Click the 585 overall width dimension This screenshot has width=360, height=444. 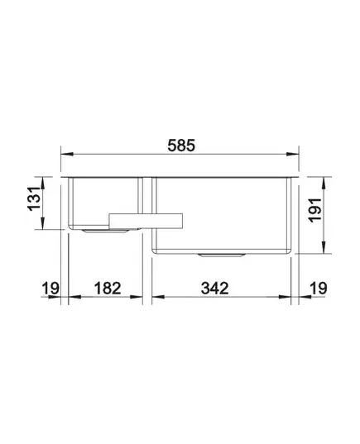tap(181, 146)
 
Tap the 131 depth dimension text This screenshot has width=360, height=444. tap(34, 198)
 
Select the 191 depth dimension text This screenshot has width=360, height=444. tap(315, 210)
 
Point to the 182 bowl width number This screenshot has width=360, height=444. tap(108, 289)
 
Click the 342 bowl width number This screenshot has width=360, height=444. tap(214, 289)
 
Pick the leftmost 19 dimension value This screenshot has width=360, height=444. tap(50, 289)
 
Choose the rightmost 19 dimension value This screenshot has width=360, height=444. tap(319, 289)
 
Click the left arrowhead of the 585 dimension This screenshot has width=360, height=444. tap(68, 154)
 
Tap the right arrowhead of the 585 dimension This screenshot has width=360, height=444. tap(292, 154)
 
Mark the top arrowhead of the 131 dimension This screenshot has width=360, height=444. tap(42, 183)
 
